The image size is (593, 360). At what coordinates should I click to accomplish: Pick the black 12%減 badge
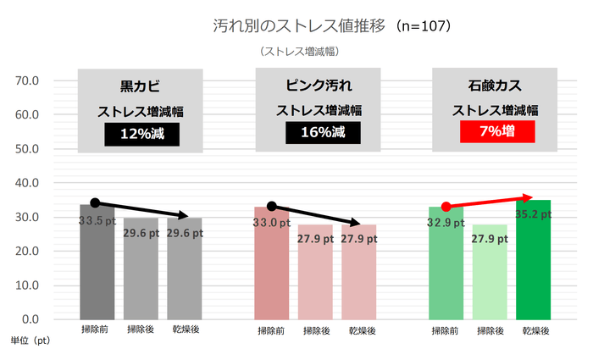(141, 133)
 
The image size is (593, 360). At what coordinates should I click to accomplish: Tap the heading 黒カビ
(141, 87)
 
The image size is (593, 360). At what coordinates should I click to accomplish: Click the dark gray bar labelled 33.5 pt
(97, 263)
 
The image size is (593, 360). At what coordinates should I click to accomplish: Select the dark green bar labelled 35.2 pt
(533, 263)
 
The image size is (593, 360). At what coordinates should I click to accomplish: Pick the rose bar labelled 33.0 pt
(271, 263)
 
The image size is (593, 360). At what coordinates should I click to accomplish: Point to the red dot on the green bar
(446, 207)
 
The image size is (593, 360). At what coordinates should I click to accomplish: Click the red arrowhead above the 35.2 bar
(529, 197)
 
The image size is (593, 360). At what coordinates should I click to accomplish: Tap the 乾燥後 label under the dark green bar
(533, 330)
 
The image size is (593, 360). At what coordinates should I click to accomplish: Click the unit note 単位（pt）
(30, 339)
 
